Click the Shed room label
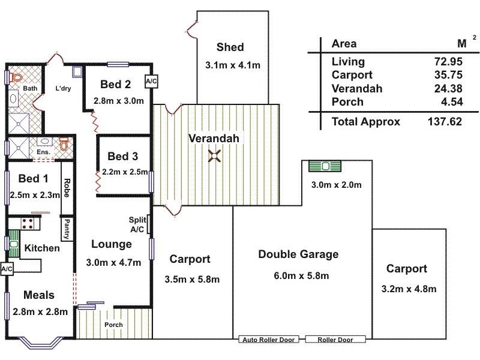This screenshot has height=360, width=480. [230, 47]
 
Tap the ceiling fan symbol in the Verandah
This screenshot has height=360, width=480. [214, 156]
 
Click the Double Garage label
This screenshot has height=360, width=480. [298, 254]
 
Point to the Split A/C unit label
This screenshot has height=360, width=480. [137, 224]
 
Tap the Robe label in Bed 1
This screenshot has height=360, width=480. [67, 187]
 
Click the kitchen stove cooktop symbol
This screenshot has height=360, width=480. [26, 223]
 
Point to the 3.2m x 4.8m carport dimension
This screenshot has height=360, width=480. [409, 289]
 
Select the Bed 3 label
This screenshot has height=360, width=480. [123, 157]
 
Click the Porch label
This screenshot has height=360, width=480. [113, 325]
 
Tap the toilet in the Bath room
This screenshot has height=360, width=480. [16, 79]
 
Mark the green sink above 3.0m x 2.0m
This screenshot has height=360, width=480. [325, 166]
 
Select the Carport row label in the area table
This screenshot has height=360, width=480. [352, 75]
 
